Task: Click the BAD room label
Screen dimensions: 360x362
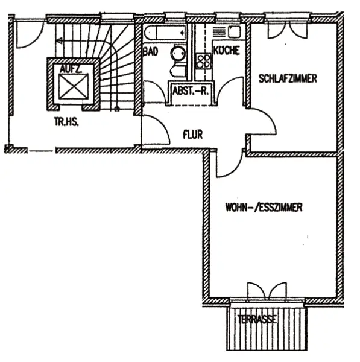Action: tap(151, 51)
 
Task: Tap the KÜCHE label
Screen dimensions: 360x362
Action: tap(227, 50)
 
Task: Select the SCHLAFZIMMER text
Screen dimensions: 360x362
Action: tap(288, 78)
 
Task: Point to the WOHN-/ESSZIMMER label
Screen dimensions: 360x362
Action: tap(264, 207)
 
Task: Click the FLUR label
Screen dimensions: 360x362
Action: tap(193, 135)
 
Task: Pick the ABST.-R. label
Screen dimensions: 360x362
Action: tap(191, 91)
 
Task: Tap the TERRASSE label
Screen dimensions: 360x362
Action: tap(257, 319)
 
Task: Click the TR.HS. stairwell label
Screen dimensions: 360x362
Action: tap(66, 122)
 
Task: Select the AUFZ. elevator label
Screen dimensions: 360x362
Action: tap(71, 69)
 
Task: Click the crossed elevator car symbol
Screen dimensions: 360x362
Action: tap(74, 86)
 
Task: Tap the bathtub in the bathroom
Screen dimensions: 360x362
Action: tap(165, 33)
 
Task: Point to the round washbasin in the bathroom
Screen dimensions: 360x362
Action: tap(178, 53)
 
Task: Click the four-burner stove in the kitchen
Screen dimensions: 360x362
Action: tap(204, 62)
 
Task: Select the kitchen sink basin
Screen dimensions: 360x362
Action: tap(234, 31)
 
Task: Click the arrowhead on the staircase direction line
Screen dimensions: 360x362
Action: tap(59, 41)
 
